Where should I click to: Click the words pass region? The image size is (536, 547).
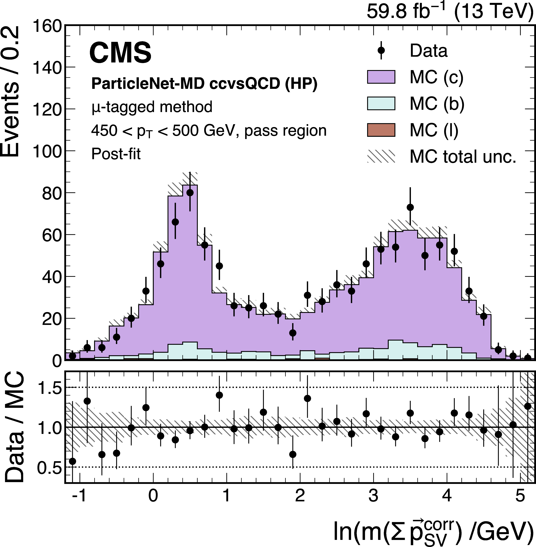point(285,131)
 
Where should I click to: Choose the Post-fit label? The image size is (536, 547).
point(116,154)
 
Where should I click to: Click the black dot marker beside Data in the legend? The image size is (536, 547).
point(381,50)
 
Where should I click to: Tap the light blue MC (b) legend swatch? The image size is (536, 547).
point(381,103)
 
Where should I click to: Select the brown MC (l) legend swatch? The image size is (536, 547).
point(381,130)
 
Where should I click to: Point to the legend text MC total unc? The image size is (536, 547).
point(463,156)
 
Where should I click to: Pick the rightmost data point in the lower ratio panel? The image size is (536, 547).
point(528,406)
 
